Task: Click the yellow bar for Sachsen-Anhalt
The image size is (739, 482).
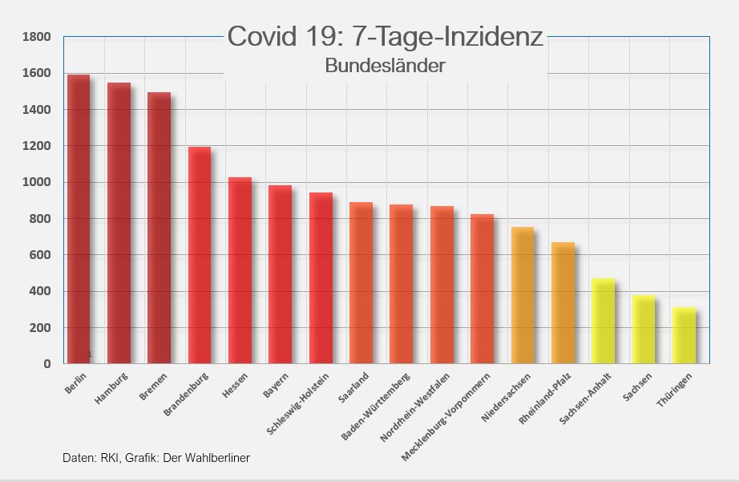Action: [x=603, y=321]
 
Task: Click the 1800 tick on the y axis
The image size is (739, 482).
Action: [x=37, y=37]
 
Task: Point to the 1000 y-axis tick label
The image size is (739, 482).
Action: [x=37, y=182]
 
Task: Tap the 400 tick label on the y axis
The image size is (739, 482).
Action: [x=42, y=291]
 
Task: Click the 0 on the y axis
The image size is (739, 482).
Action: [x=47, y=364]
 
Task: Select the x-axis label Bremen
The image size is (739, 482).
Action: [x=153, y=386]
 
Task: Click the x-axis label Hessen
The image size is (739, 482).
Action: [x=236, y=385]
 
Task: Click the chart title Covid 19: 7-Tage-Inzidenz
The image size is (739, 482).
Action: [x=385, y=37]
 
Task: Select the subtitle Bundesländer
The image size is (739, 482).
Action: [x=385, y=66]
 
